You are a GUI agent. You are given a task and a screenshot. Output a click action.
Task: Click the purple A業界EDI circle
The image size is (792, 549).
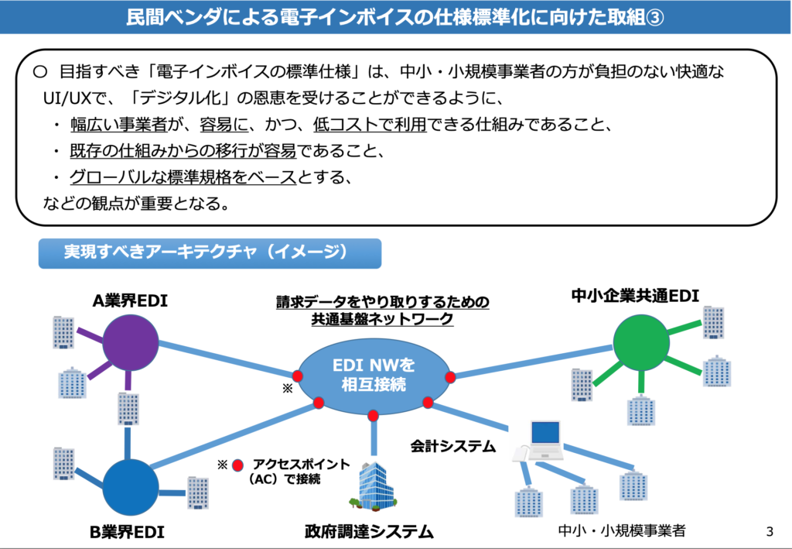click(x=130, y=343)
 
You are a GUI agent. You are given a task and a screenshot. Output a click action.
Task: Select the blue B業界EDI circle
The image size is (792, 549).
click(x=130, y=487)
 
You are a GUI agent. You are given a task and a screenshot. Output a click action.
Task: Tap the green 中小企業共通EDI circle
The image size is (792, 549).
click(x=641, y=343)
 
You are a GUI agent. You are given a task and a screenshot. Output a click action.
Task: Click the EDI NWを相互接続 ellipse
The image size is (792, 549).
click(x=374, y=375)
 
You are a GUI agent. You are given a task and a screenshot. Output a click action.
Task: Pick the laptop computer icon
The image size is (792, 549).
click(x=538, y=441)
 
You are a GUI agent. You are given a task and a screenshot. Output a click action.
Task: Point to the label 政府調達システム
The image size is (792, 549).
click(x=369, y=531)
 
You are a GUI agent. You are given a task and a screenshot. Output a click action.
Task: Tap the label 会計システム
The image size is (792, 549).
click(x=453, y=446)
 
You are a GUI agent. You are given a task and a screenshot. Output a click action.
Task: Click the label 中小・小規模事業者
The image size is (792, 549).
click(x=622, y=530)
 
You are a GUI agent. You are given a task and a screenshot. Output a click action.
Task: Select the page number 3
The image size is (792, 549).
click(x=770, y=531)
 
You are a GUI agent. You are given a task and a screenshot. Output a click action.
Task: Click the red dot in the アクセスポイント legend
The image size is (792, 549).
click(x=237, y=465)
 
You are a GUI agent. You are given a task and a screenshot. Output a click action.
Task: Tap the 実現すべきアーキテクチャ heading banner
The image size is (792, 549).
click(x=210, y=253)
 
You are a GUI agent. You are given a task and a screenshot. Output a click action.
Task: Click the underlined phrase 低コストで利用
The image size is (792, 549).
click(x=370, y=125)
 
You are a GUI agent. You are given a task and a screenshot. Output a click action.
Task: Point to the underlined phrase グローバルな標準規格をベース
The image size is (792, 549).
click(x=183, y=177)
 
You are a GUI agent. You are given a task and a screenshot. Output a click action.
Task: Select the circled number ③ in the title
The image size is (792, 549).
click(x=654, y=17)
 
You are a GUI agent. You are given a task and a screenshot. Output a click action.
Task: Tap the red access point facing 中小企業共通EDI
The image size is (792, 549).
click(x=450, y=376)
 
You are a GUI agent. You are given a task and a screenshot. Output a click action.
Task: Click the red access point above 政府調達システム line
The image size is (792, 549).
click(x=374, y=416)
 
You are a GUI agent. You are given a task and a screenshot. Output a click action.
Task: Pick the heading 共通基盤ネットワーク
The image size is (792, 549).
click(x=382, y=319)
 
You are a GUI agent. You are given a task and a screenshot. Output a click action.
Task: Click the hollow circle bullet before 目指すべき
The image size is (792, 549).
click(x=40, y=72)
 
